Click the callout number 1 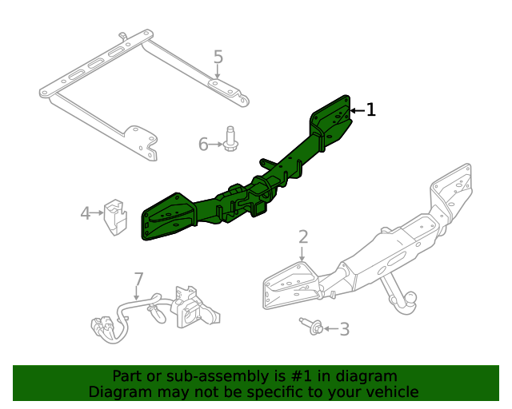point(370,110)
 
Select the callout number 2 point(303,236)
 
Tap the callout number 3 point(344,329)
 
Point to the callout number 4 point(86,212)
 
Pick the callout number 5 point(218,57)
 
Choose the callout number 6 point(203,144)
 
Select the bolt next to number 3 point(313,326)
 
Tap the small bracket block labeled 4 point(116,216)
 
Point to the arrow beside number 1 point(357,110)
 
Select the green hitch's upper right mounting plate point(331,118)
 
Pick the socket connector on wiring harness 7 point(190,306)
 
